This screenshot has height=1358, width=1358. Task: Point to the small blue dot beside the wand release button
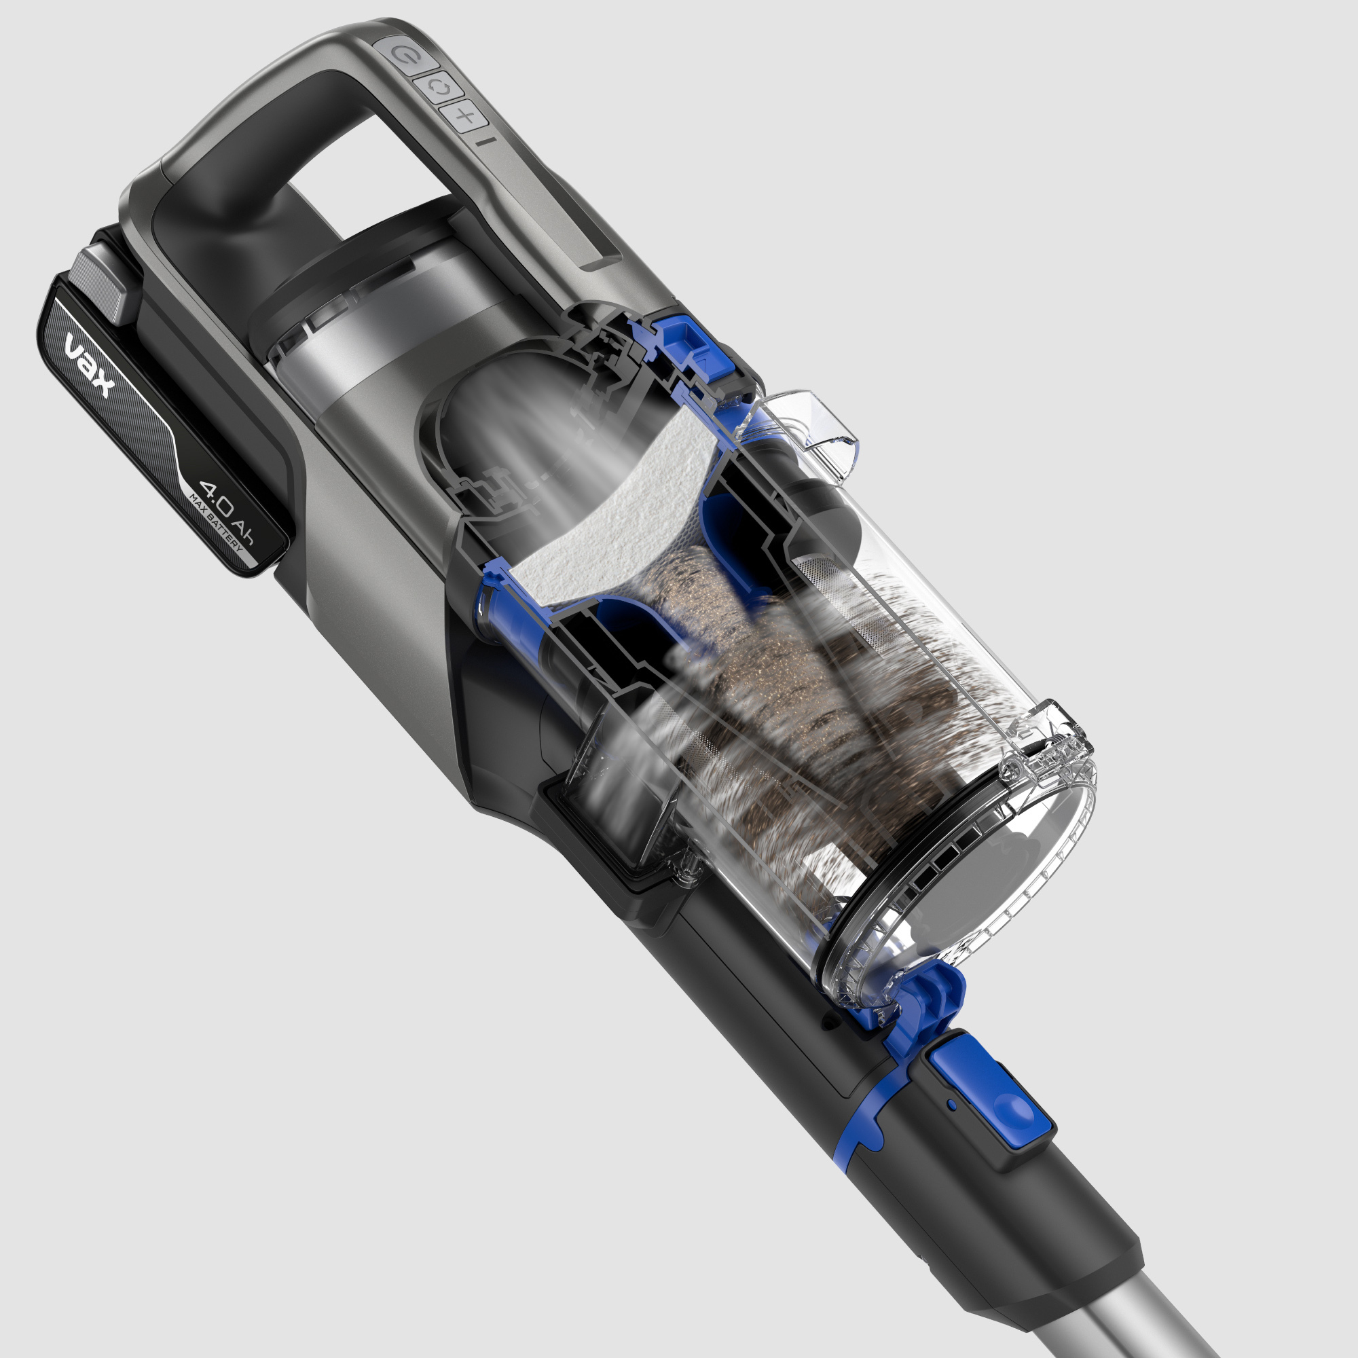[952, 1104]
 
